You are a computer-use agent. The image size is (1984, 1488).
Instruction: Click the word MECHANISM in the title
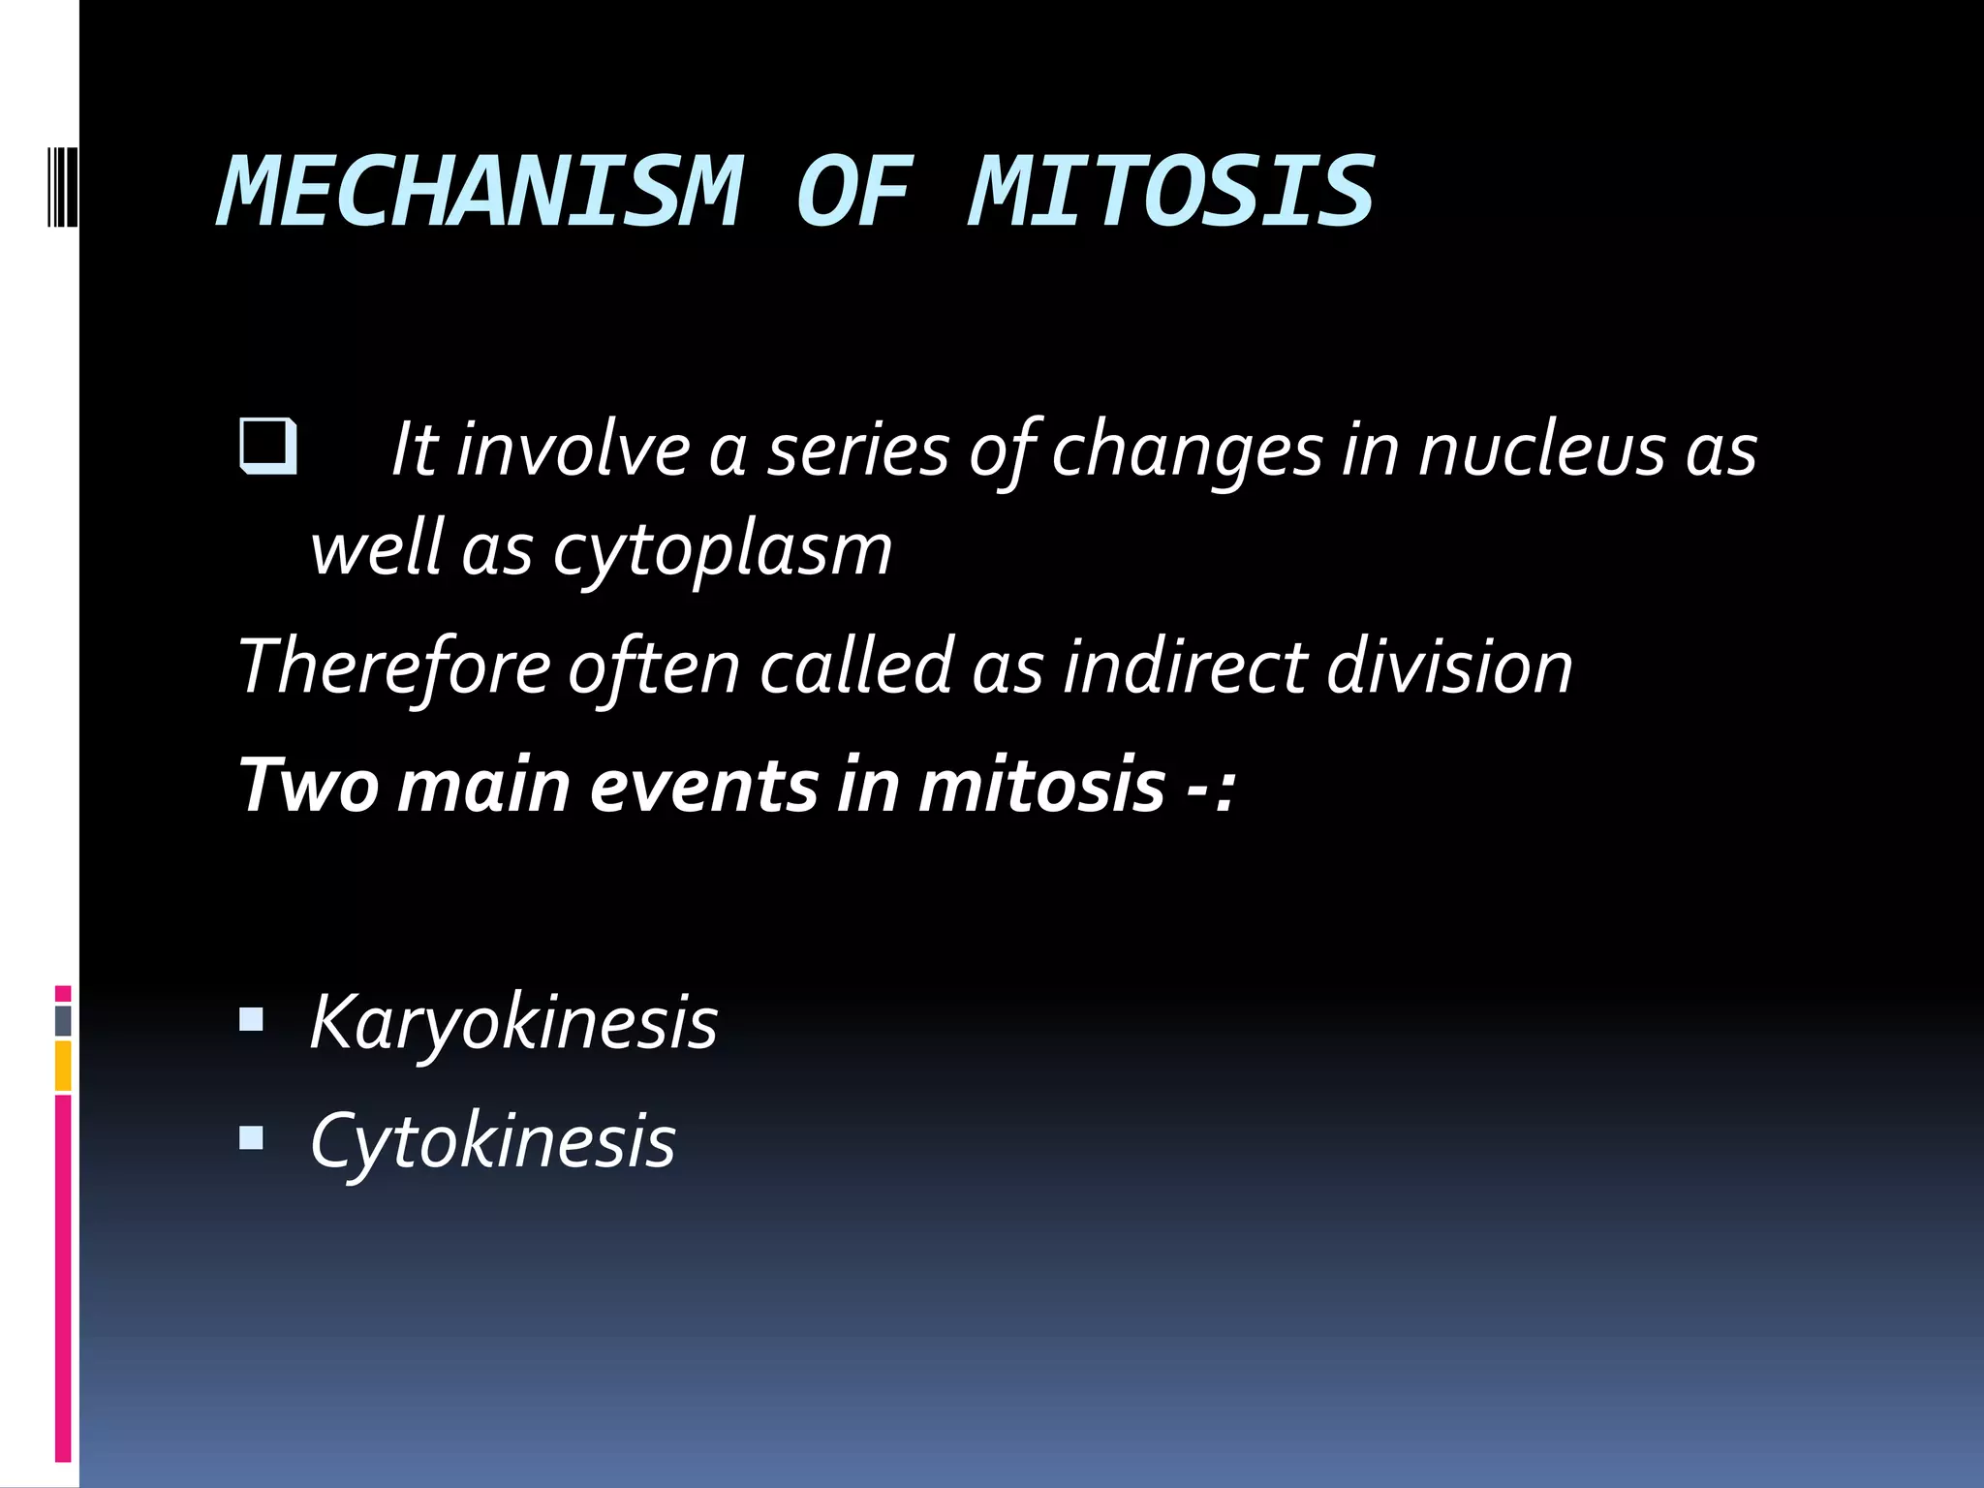pos(480,192)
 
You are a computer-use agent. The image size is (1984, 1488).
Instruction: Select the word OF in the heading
pos(853,192)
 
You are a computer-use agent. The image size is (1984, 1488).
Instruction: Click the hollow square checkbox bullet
pos(267,446)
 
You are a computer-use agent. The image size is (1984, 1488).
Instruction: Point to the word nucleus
pos(1540,451)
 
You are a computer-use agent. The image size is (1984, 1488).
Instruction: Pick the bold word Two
pos(309,786)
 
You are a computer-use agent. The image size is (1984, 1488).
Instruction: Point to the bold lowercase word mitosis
pos(1040,786)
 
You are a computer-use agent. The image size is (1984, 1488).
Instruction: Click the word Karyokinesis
pos(513,1023)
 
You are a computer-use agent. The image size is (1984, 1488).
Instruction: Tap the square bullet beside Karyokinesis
pos(251,1020)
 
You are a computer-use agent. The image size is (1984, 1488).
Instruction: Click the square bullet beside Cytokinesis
pos(251,1138)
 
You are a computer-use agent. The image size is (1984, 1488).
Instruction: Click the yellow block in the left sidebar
pos(63,1066)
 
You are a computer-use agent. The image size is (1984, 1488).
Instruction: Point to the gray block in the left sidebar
pos(63,1020)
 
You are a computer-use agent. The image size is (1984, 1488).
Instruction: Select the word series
pos(858,451)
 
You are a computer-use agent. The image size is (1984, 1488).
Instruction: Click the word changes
pos(1187,451)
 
